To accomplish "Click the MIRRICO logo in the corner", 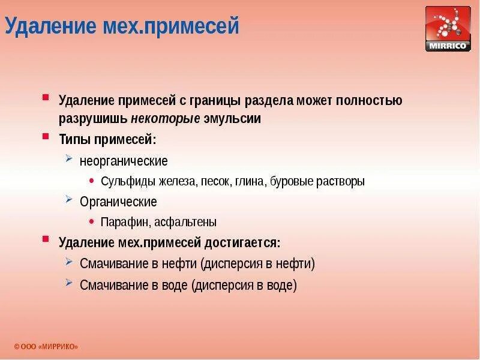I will (448, 28).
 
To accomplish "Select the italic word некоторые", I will (166, 118).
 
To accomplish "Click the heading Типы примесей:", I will (107, 139).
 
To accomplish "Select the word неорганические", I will (124, 161).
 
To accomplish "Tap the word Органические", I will (118, 202).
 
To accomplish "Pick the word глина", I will (251, 181).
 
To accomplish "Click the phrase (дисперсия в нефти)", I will (257, 263).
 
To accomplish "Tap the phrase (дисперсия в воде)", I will (244, 285).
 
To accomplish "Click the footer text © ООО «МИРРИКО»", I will (46, 347).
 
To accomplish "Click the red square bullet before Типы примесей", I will (46, 137).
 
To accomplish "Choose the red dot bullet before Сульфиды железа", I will (91, 180).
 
